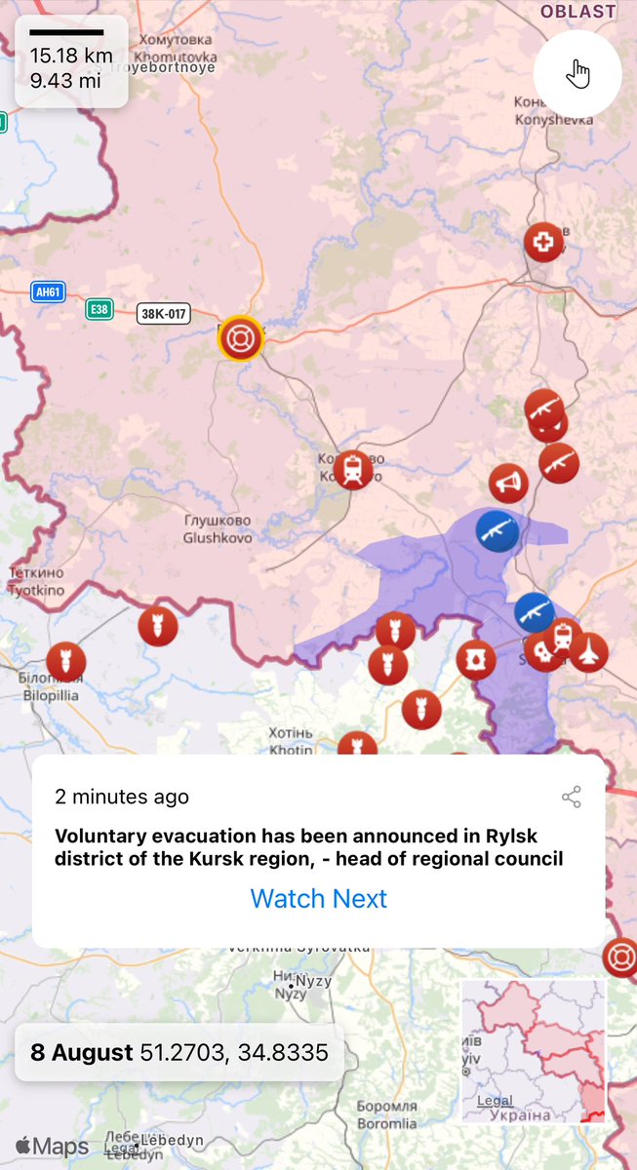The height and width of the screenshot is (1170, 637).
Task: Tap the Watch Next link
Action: click(x=318, y=898)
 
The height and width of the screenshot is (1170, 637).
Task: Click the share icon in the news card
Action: click(x=572, y=798)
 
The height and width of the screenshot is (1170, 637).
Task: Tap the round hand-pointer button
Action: click(x=577, y=74)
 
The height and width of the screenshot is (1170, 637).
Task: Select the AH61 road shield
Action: click(x=48, y=292)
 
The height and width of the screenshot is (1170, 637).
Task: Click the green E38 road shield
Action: click(x=99, y=309)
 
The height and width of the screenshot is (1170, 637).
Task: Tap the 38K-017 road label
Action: click(x=164, y=314)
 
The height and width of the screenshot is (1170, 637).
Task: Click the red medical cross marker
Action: click(x=543, y=242)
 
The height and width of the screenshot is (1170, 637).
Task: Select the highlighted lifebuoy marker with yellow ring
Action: click(x=238, y=338)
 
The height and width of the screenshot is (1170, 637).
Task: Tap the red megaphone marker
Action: click(x=508, y=483)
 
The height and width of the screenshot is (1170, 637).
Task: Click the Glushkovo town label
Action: click(x=219, y=528)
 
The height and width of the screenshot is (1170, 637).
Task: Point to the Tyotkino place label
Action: click(x=36, y=582)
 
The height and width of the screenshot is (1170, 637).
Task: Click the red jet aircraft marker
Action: click(x=588, y=652)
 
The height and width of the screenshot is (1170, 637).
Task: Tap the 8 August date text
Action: click(x=81, y=1052)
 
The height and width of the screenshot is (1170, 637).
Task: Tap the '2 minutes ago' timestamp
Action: click(x=122, y=797)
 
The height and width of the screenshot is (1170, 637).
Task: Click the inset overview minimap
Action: click(x=534, y=1051)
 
